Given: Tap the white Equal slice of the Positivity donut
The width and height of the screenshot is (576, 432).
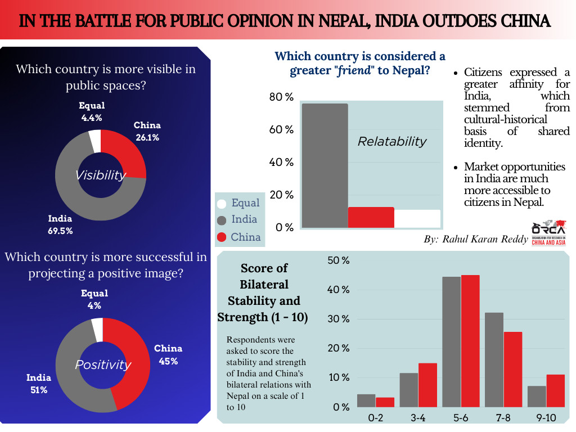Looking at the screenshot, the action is tap(98, 330).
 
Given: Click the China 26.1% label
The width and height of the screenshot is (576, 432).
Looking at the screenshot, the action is tap(147, 131).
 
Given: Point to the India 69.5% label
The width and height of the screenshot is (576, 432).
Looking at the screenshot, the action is tap(60, 224).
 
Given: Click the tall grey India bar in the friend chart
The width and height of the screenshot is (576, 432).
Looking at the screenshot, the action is tap(325, 166).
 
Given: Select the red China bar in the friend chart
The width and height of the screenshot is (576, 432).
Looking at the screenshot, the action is tap(371, 218).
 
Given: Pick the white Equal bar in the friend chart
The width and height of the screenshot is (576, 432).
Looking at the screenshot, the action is tap(417, 219).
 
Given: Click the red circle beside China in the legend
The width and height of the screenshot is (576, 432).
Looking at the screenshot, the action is tap(222, 237).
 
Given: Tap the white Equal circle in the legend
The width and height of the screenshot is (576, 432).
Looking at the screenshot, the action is tap(222, 204).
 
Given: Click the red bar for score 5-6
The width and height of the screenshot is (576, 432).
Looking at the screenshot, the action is tap(470, 341).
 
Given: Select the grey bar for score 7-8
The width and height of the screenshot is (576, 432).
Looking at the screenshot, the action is tap(494, 360).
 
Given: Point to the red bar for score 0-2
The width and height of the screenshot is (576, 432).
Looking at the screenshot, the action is tap(385, 402).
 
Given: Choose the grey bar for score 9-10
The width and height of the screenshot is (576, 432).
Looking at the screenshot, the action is tap(537, 397).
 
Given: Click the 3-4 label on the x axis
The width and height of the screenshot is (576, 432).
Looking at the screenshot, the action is tap(418, 418).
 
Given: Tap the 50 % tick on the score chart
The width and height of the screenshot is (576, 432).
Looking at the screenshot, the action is tap(338, 260).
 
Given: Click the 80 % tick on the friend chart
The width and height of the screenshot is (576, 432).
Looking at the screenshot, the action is tap(281, 97).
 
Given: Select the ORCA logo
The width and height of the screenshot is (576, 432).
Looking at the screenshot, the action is tap(549, 232).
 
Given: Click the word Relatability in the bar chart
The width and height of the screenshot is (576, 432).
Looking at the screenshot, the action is tap(392, 141).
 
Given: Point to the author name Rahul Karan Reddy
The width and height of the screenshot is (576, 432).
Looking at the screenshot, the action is tap(485, 239).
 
